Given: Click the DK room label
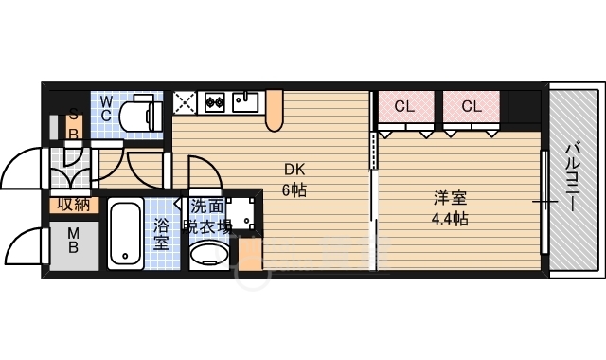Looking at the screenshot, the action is pos(294,170).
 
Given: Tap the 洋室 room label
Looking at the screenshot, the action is pos(450,198).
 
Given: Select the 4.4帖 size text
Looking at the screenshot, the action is pos(450,219).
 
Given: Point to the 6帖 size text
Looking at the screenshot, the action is pos(294,189).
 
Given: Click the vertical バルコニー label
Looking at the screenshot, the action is pos(574,177).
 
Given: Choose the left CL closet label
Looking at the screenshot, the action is pos(404,105).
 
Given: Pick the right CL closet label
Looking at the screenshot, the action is pos(472,105).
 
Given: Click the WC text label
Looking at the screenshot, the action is pos(106,109).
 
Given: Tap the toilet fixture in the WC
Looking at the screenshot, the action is pos(140,113).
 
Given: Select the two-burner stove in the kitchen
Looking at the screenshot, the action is pos(215,102).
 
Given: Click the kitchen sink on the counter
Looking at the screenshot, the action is pos(245,102).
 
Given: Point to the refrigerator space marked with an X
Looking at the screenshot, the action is pos(184,103).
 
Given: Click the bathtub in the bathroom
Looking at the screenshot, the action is pos(125,233).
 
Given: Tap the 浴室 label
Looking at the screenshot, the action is pos(161,234).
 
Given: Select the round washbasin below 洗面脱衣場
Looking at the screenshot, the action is pos(209,254).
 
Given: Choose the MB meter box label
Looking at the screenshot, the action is pos(74,240).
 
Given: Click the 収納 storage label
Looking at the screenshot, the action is pos(74,204).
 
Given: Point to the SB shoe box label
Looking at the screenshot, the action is pos(74,123).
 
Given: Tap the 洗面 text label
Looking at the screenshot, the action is pos(207,207).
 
